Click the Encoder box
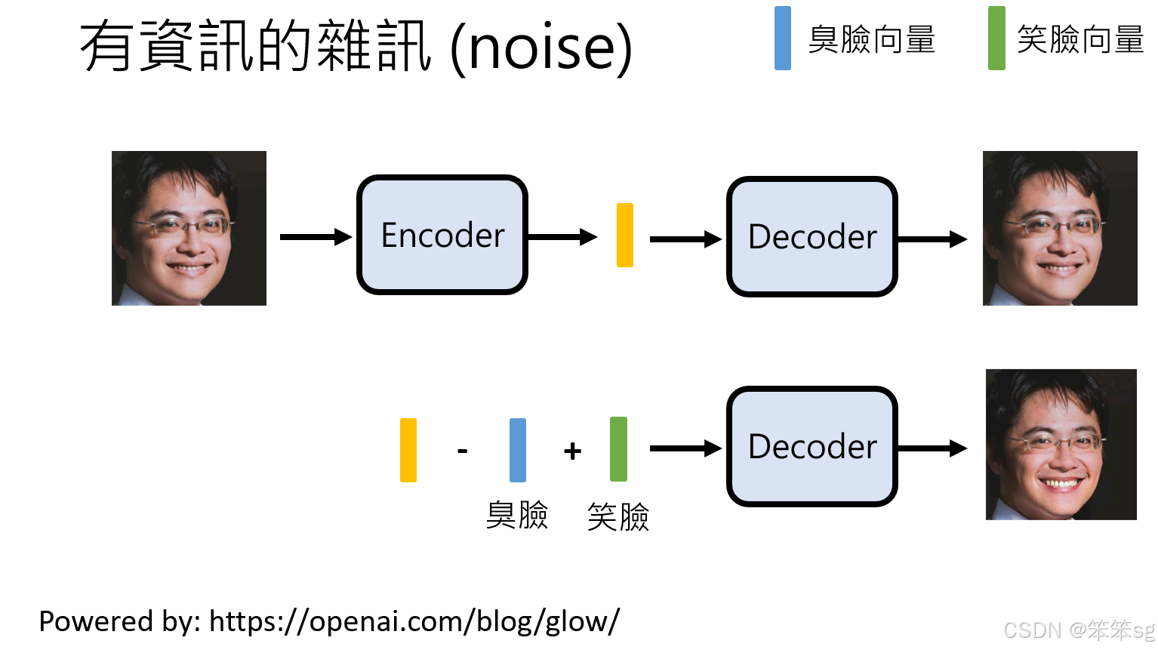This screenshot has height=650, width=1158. [442, 235]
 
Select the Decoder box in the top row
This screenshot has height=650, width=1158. [812, 237]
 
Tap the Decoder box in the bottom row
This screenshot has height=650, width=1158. [812, 447]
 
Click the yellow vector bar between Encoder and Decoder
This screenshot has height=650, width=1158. [625, 235]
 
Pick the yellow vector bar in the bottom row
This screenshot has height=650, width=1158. [408, 450]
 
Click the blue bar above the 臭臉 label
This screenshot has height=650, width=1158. [518, 450]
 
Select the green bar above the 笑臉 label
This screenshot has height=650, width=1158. [618, 449]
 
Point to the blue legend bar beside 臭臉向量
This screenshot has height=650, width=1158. [783, 39]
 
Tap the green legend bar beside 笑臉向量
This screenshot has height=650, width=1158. [996, 39]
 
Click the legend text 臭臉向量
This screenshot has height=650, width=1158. [872, 40]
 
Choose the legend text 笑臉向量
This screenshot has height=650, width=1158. [1080, 40]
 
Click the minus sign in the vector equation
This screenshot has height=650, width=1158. [463, 451]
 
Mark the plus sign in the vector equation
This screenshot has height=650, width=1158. [572, 451]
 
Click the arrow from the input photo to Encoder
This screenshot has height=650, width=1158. [316, 237]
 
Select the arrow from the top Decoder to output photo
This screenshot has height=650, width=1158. [932, 239]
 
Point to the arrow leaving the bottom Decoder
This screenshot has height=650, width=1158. [932, 448]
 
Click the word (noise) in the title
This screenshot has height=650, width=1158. [541, 47]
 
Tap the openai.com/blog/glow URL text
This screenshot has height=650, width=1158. [414, 621]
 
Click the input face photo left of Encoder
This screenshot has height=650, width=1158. [189, 228]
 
